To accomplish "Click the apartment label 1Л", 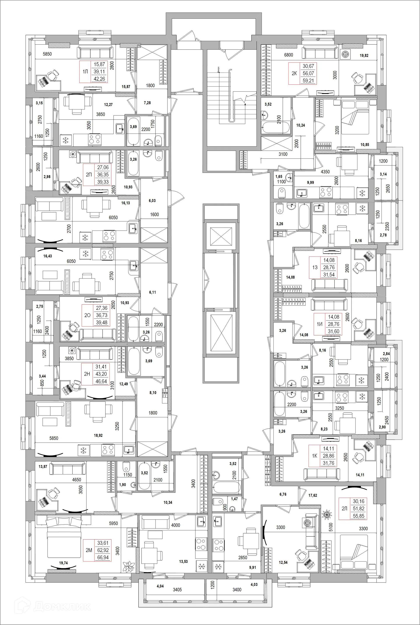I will (85, 72).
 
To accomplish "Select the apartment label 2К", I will (294, 73).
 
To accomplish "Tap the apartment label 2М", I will (89, 550).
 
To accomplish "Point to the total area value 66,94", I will (103, 557).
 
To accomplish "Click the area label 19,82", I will (364, 56).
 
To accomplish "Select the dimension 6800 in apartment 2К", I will (289, 55).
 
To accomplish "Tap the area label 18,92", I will (98, 436).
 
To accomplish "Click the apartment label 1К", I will (315, 456).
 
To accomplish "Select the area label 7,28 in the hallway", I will (147, 103).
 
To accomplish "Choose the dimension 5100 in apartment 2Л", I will (331, 527).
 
